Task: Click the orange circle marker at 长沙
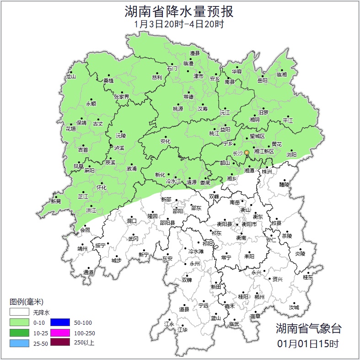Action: point(247,152)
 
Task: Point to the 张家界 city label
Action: point(122,97)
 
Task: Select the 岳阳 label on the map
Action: point(262,81)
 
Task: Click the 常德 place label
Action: point(188,97)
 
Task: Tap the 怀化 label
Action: point(102,188)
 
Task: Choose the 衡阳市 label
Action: point(249,224)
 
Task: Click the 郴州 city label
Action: point(259,296)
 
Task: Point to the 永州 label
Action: point(195,264)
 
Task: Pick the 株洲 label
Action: point(266,172)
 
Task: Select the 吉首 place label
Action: point(83,150)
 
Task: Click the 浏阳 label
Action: point(291,155)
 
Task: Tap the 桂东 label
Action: point(308,277)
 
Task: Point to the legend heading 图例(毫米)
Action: point(26,302)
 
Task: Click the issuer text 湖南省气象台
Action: point(308,328)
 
